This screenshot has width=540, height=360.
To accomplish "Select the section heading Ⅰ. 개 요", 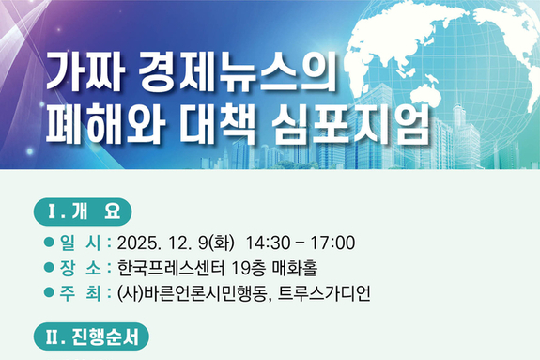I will pos(84,210).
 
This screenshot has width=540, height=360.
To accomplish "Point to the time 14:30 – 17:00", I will pos(300,243).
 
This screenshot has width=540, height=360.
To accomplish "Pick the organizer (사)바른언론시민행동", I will pos(193,292).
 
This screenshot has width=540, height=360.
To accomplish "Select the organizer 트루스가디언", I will pos(323,292).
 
